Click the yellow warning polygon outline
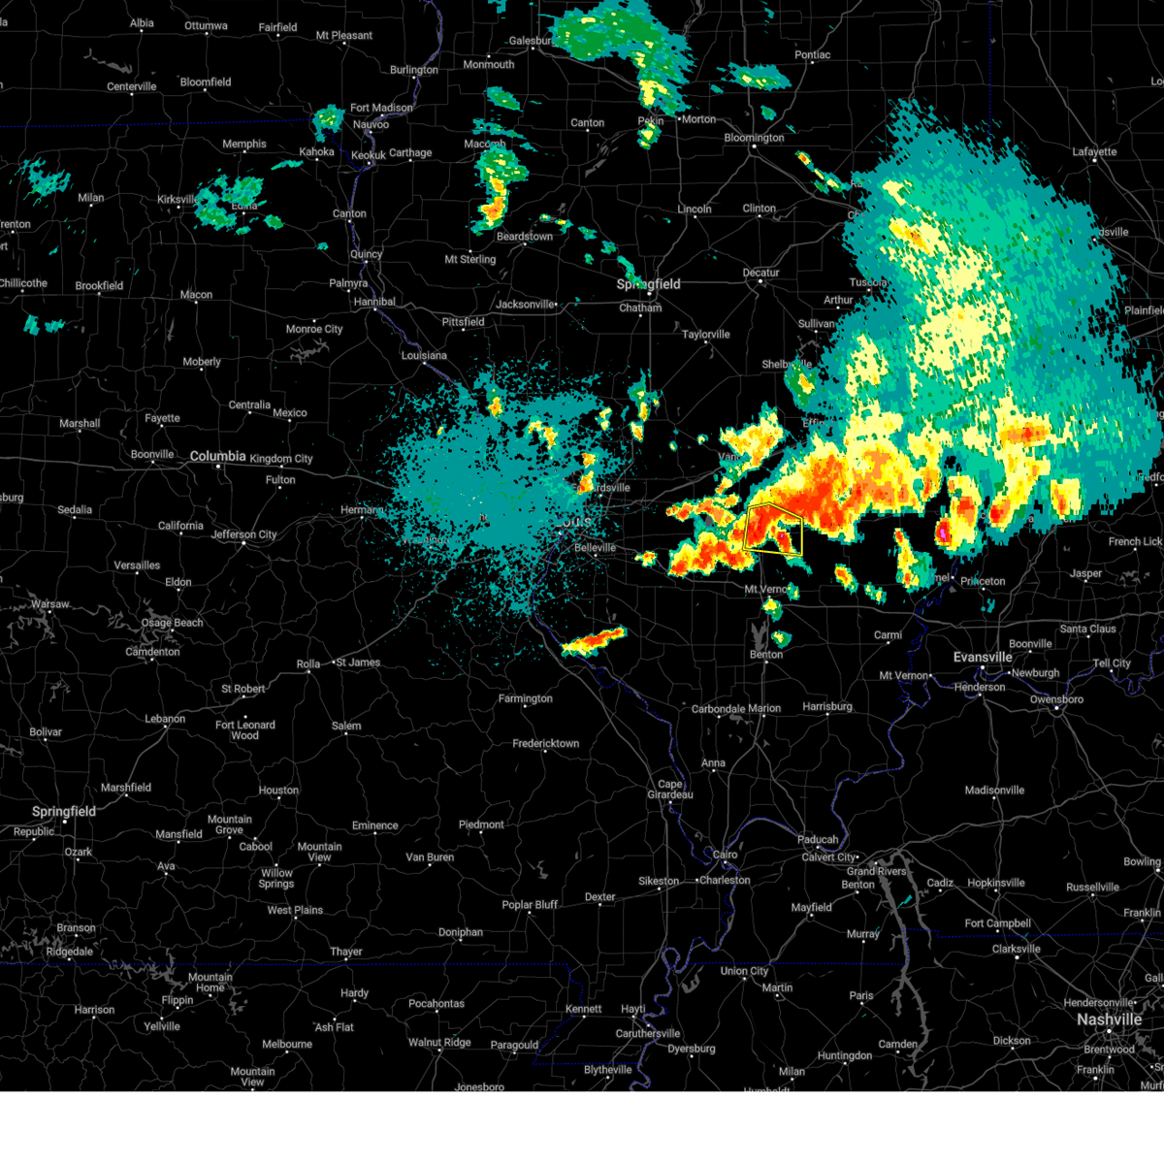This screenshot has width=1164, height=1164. [773, 529]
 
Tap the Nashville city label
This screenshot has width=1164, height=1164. [1109, 1019]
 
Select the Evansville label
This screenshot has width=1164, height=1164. [983, 657]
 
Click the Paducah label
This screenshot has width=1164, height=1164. [818, 840]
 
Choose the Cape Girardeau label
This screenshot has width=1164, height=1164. [670, 790]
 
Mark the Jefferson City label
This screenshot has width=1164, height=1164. [243, 534]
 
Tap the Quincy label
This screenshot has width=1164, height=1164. [367, 254]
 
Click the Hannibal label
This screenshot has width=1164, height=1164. [374, 302]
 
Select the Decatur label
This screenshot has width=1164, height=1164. [760, 273]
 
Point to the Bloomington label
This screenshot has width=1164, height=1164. [754, 138]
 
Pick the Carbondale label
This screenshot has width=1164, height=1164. [718, 709]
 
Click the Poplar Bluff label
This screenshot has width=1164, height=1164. [530, 905]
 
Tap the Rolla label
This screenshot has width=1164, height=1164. [307, 664]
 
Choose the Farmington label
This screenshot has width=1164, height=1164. [525, 698]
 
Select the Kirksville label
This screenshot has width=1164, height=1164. [177, 200]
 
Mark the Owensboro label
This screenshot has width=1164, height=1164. [1056, 699]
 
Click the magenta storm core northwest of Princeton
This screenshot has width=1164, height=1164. [940, 533]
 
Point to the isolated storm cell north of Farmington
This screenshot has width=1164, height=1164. [594, 639]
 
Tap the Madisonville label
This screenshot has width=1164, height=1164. [994, 791]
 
